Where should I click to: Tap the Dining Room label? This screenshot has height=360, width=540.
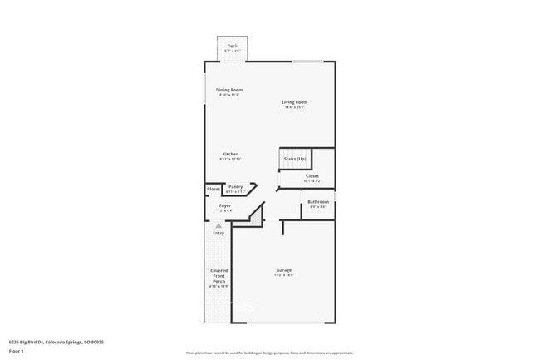[229, 90]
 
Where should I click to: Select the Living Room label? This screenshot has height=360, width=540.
[294, 102]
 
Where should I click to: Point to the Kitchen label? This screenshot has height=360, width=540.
[229, 154]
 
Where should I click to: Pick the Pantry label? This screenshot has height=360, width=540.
[235, 186]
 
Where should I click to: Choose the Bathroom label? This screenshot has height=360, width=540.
[318, 201]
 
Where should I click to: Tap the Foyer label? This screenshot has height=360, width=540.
[225, 205]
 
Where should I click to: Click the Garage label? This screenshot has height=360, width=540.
[284, 269]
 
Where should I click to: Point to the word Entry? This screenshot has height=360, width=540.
[218, 233]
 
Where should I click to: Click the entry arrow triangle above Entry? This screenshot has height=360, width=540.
[218, 225]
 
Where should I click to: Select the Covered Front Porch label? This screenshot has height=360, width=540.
[218, 276]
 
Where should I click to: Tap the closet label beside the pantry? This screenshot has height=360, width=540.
[214, 190]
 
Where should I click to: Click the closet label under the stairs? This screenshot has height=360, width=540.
[312, 175]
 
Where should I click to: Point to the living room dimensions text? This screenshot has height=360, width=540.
[294, 107]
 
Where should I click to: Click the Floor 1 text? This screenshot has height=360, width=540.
[17, 351]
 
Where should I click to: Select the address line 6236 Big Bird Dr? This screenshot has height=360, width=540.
[56, 341]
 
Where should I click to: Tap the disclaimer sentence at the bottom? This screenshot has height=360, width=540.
[269, 353]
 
